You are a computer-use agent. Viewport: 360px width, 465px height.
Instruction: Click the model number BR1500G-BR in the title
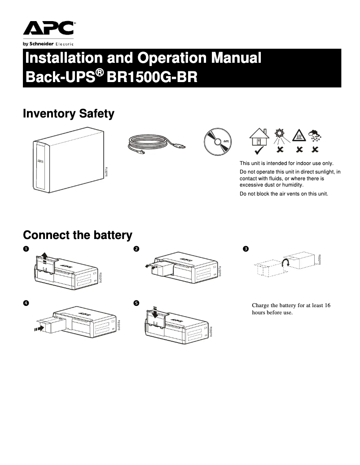click(154, 77)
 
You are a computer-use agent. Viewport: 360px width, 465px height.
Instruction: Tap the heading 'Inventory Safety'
click(68, 114)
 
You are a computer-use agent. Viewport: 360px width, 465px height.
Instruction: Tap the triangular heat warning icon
click(299, 135)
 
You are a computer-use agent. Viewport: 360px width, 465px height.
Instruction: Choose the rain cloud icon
click(316, 135)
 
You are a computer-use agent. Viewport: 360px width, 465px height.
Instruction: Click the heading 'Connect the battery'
click(77, 235)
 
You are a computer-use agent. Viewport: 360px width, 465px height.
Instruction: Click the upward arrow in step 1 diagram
click(44, 256)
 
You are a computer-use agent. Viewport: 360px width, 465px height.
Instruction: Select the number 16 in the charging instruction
click(327, 305)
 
